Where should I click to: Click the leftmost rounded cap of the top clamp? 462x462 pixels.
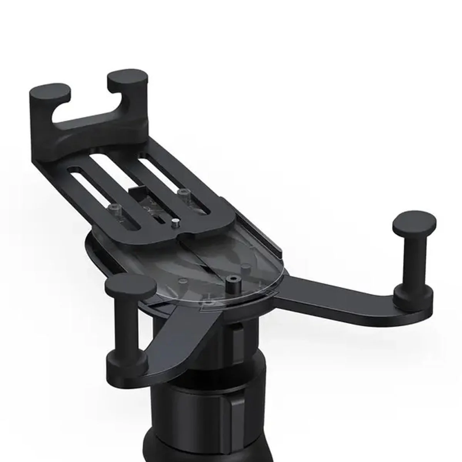pyautogui.click(x=50, y=91)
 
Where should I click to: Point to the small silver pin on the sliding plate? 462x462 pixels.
pyautogui.click(x=174, y=223)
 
